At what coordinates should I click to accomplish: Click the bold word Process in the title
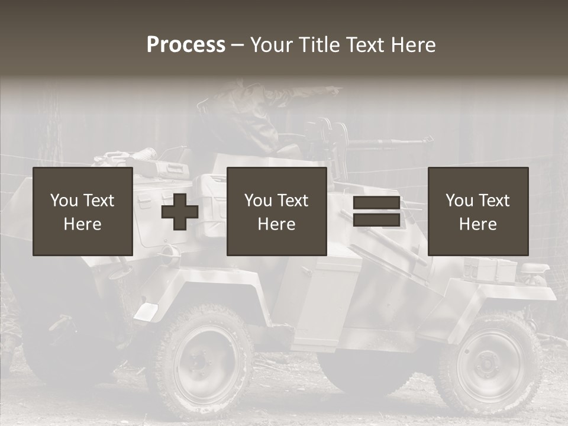[186, 45]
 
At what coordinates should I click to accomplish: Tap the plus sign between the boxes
[180, 212]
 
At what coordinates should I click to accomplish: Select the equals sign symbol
[376, 212]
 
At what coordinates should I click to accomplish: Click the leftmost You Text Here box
[83, 212]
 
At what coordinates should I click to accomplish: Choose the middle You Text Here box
[276, 212]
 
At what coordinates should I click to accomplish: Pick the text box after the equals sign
[478, 212]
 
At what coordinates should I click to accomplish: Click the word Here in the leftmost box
[83, 224]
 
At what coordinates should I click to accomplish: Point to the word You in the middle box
[258, 201]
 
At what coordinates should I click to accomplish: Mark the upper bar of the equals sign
[376, 203]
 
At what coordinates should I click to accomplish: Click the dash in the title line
[237, 45]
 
